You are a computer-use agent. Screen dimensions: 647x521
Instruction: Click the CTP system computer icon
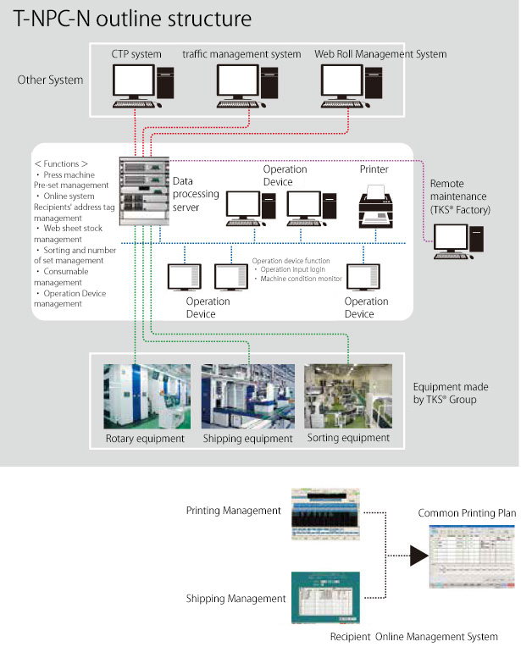point(136,84)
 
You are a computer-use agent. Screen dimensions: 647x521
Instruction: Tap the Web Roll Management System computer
point(346,84)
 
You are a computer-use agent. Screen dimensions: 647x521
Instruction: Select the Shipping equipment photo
point(248,395)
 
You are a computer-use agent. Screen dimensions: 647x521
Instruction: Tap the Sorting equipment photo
point(348,395)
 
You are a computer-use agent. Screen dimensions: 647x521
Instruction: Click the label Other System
point(50,80)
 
